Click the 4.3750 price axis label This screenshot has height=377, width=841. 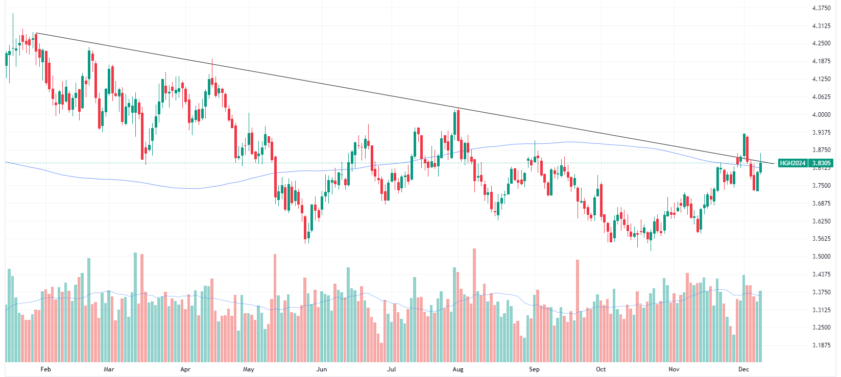[x=821, y=8]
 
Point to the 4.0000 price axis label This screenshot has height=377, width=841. [x=821, y=115]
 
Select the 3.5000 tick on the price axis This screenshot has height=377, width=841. [x=821, y=257]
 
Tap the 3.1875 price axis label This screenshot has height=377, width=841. [x=821, y=345]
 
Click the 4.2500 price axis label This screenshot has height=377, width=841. [x=821, y=43]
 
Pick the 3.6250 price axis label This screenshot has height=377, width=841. [x=821, y=221]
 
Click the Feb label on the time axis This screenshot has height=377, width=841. [x=45, y=369]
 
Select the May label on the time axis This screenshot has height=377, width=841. [x=248, y=369]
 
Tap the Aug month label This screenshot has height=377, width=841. [x=458, y=369]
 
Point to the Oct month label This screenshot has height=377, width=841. [x=601, y=369]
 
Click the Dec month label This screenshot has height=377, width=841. [x=743, y=369]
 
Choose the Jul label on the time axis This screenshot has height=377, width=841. [x=391, y=369]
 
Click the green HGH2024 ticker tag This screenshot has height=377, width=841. [x=792, y=163]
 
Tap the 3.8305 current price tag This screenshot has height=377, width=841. [x=822, y=163]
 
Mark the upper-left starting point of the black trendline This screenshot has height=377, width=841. [x=36, y=33]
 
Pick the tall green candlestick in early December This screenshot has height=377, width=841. [x=744, y=146]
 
